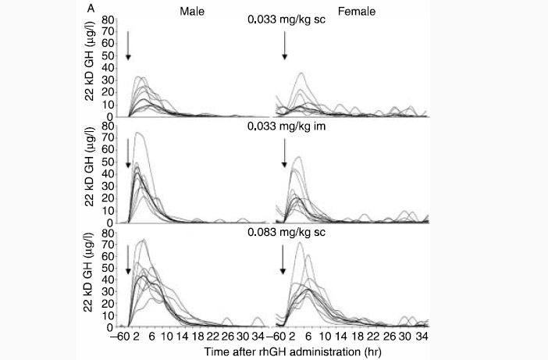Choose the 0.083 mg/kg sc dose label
click(286, 232)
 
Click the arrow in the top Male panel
click(128, 46)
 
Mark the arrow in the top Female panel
click(286, 46)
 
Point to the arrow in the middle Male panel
click(128, 153)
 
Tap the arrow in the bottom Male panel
click(128, 259)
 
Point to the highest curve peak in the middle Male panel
click(139, 133)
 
